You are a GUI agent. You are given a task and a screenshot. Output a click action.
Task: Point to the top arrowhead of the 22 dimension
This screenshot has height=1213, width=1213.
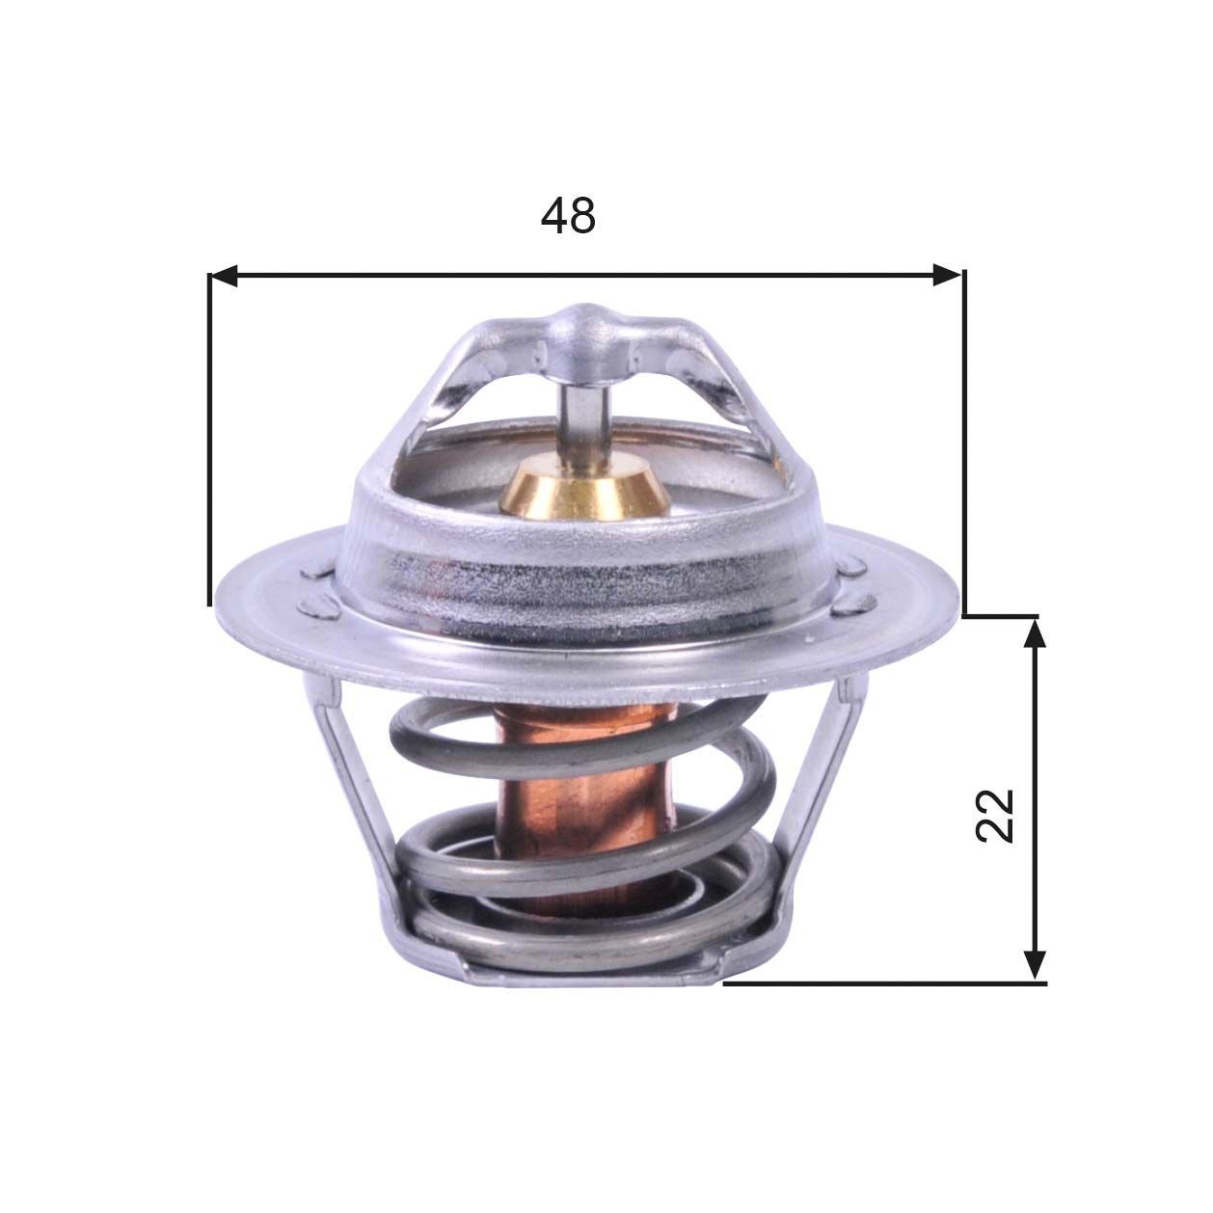click(1035, 633)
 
